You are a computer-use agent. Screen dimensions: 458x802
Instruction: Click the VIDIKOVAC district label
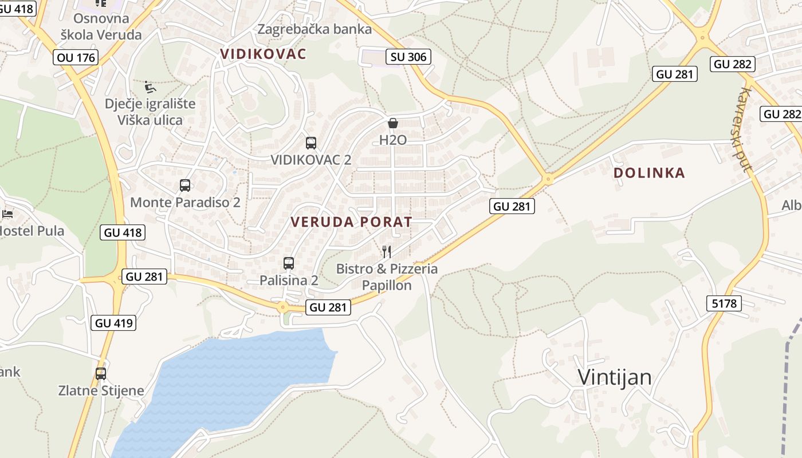tap(263, 54)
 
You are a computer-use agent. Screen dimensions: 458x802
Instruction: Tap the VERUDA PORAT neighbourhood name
tap(351, 222)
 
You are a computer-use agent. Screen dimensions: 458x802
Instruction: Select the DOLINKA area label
tap(649, 173)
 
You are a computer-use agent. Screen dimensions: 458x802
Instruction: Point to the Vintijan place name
tap(615, 377)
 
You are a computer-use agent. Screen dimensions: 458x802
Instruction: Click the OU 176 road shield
tap(76, 57)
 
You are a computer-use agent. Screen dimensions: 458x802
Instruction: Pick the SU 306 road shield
tap(408, 57)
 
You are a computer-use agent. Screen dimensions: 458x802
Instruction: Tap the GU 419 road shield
tap(113, 323)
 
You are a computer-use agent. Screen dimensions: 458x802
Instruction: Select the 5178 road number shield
tap(725, 303)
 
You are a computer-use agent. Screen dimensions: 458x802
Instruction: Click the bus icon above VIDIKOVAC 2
tap(311, 143)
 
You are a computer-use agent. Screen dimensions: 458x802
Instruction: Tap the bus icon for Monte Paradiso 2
tap(185, 185)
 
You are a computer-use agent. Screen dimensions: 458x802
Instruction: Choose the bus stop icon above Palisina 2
tap(289, 263)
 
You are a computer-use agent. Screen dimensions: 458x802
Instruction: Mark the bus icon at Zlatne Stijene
tap(101, 374)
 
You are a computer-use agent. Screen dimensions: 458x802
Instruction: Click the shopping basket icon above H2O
tap(393, 123)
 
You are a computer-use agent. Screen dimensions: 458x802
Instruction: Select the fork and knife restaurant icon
tap(387, 252)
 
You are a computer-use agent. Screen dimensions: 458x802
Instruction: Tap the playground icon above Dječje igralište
tap(150, 87)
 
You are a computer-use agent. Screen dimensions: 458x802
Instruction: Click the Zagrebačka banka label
tap(314, 29)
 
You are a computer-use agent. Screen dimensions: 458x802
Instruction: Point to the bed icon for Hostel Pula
tap(7, 215)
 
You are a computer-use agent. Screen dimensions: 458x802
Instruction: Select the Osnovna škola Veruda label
tap(101, 26)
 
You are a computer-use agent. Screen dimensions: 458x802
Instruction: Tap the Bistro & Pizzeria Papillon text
tap(387, 277)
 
